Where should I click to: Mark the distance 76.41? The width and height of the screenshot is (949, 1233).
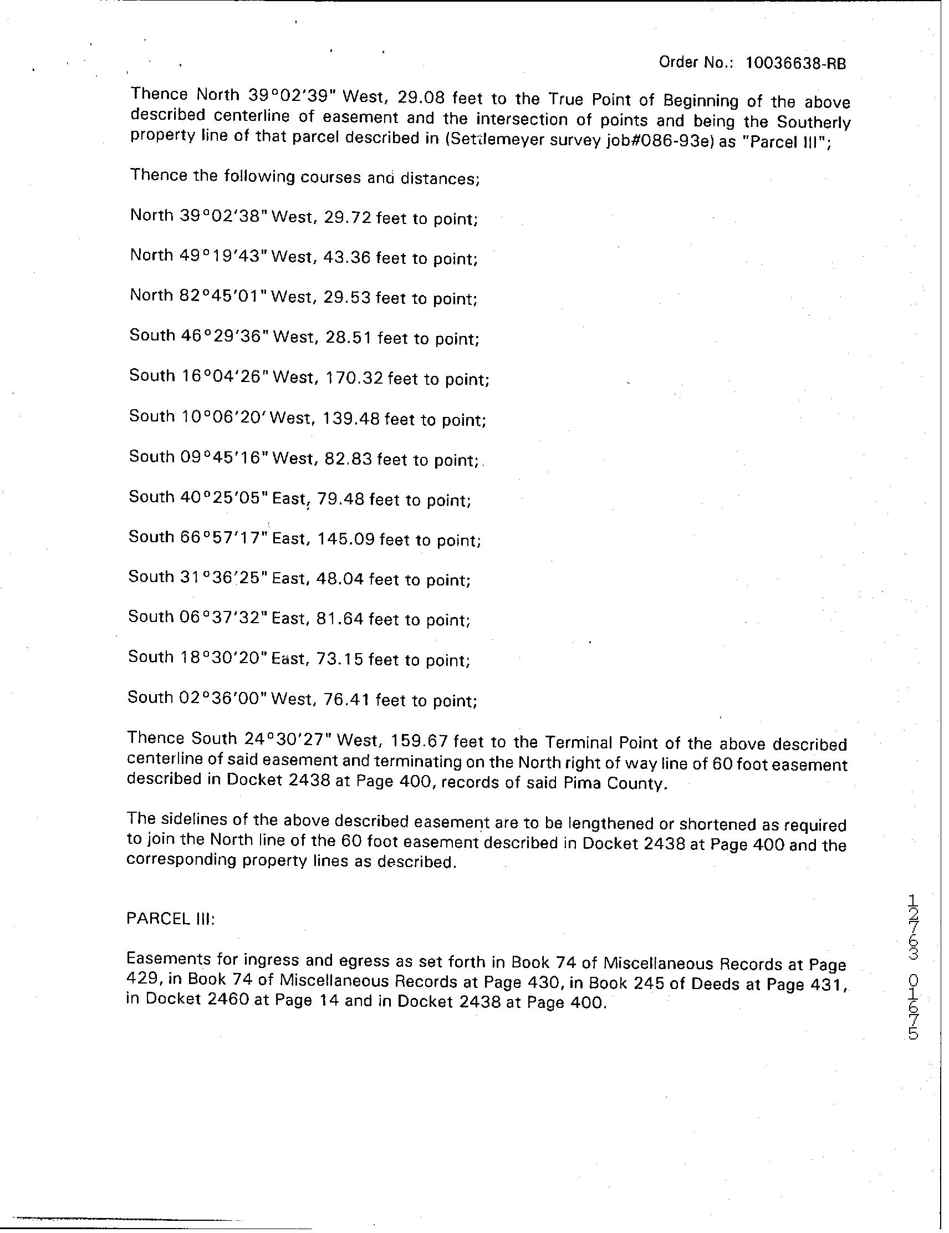347,700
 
